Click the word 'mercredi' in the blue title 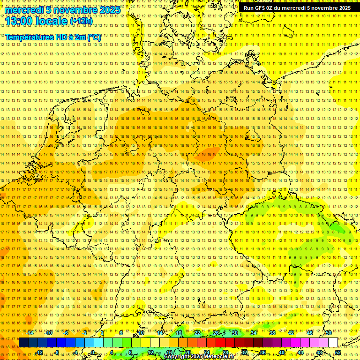pyautogui.click(x=24, y=9)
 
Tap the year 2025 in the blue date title pyautogui.click(x=109, y=9)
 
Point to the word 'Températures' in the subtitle pyautogui.click(x=27, y=37)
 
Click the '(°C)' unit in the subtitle pyautogui.click(x=94, y=37)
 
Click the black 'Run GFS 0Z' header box pyautogui.click(x=297, y=8)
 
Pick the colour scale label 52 pyautogui.click(x=338, y=352)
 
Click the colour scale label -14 pyautogui.click(x=30, y=333)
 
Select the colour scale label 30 pyautogui.click(x=235, y=333)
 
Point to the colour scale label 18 pyautogui.click(x=179, y=333)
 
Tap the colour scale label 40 pyautogui.click(x=282, y=352)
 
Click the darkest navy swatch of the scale pyautogui.click(x=23, y=343)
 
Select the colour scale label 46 pyautogui.click(x=310, y=333)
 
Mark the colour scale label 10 pyautogui.click(x=141, y=333)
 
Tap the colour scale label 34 pyautogui.click(x=254, y=333)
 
